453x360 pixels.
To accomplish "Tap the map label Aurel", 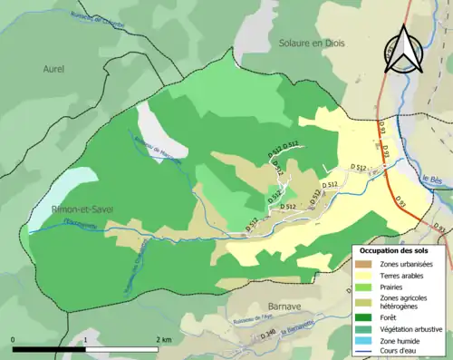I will tap(54, 68).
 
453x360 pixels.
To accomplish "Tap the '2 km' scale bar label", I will tap(163, 339).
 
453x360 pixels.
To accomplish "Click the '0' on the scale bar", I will tap(14, 339).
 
